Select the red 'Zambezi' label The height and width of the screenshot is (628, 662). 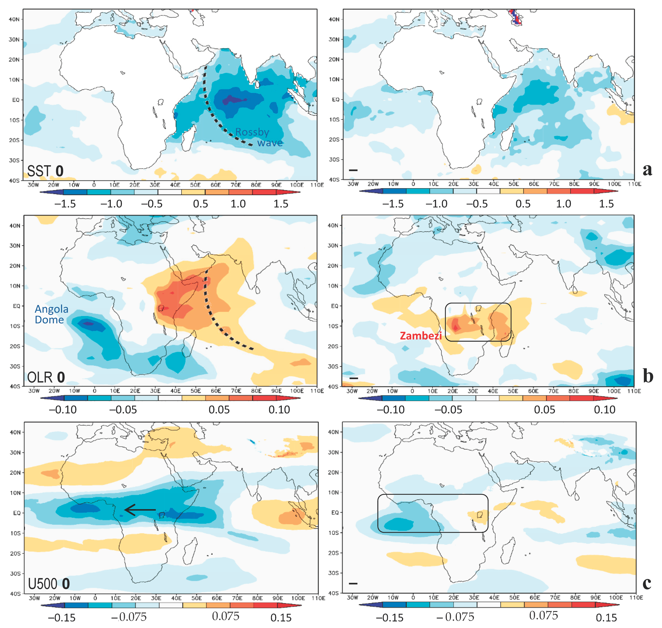pos(421,336)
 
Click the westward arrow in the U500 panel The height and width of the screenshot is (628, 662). pos(140,510)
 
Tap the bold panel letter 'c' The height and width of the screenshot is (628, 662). pos(647,584)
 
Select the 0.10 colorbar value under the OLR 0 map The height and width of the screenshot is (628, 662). pos(279,410)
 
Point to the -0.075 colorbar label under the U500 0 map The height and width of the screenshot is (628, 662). pos(129,617)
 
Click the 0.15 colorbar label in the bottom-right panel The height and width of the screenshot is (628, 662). pos(606,618)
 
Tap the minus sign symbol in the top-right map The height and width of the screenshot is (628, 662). pos(353,170)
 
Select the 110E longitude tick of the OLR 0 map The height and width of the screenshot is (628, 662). pos(317,391)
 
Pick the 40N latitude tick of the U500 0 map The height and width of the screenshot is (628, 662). pos(15,432)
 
